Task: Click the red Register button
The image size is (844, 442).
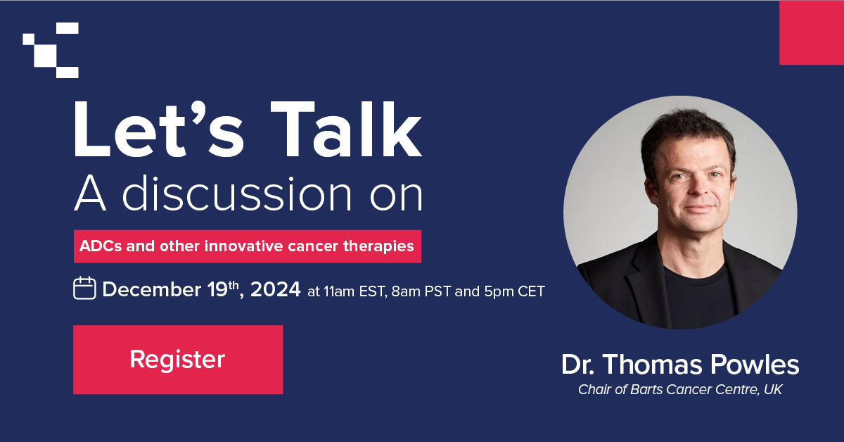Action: tap(178, 360)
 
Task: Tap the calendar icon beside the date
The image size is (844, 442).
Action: tap(84, 289)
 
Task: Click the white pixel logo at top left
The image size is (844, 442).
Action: tap(51, 50)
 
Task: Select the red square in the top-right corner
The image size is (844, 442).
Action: tap(811, 33)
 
